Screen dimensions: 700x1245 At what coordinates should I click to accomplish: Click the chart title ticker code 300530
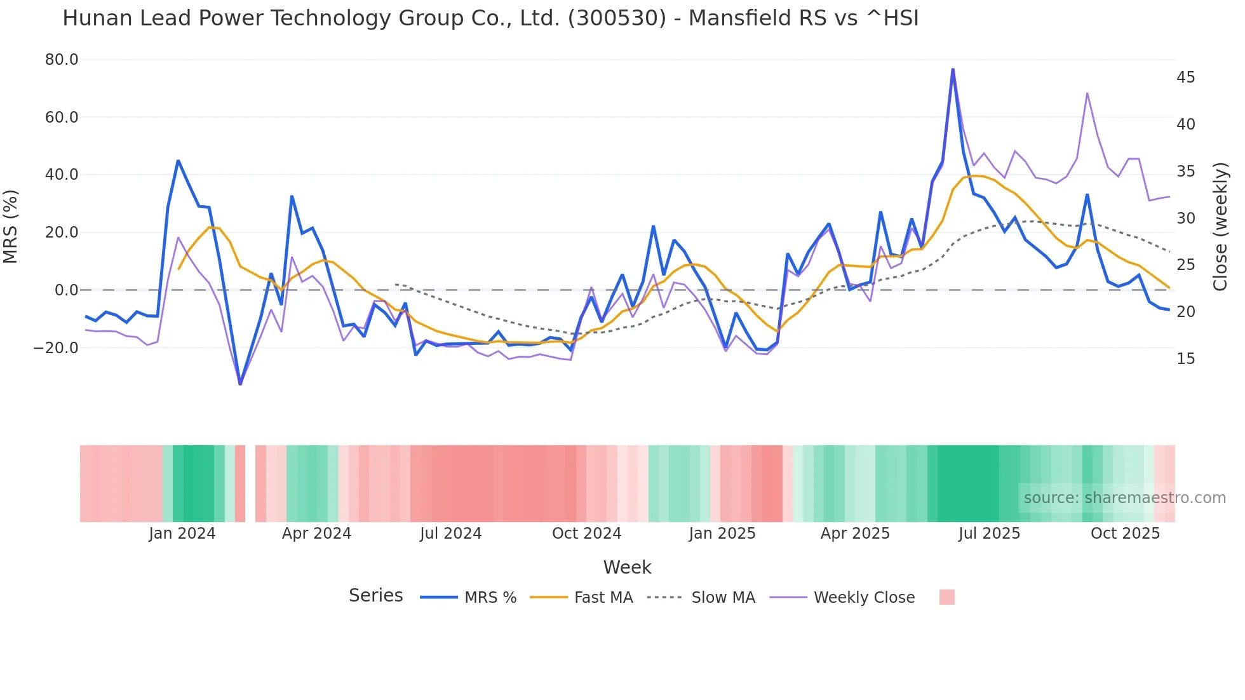(x=617, y=18)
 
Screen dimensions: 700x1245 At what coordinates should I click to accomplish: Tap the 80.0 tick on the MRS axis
(x=62, y=60)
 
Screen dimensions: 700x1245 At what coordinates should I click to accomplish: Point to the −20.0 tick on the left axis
(x=56, y=348)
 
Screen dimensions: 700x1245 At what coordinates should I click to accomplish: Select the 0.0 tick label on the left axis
(x=66, y=290)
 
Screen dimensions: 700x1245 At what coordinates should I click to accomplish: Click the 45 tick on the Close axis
(x=1185, y=77)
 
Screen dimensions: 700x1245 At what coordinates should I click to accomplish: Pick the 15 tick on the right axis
(x=1185, y=359)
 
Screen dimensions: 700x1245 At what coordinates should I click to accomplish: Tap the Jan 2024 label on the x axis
(x=182, y=534)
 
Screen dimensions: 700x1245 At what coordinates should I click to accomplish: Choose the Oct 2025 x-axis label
(x=1125, y=534)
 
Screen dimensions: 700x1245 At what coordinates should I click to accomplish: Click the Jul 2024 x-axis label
(x=450, y=534)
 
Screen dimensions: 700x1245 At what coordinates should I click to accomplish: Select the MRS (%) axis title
(x=11, y=226)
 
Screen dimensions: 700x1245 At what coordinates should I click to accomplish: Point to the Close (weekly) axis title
(x=1220, y=226)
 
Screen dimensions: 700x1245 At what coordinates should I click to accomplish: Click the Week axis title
(x=627, y=567)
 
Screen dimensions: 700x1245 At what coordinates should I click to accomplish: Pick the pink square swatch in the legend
(x=946, y=597)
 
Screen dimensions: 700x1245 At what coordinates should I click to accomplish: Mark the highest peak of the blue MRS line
(x=953, y=69)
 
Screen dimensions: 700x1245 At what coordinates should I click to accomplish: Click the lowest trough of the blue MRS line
(x=240, y=384)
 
